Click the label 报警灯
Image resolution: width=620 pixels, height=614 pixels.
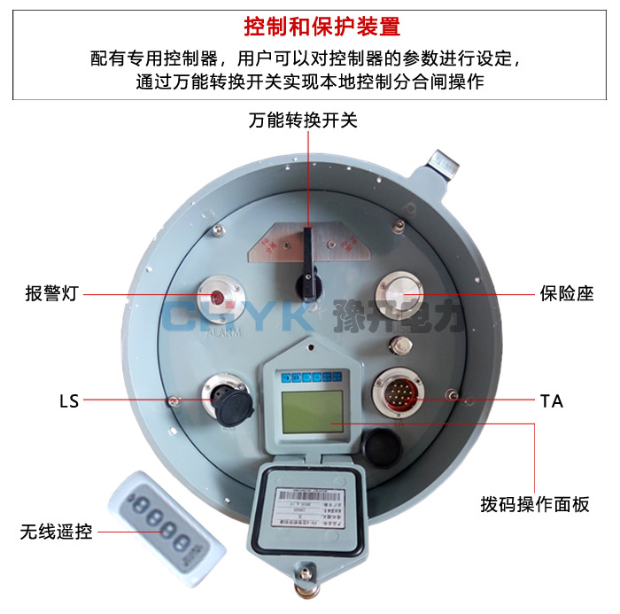tap(51, 293)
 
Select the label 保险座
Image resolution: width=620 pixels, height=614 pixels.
tap(566, 293)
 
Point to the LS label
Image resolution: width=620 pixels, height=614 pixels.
tap(68, 401)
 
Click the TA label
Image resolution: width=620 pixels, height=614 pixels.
tap(551, 401)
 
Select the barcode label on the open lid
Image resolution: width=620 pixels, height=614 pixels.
tap(306, 501)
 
